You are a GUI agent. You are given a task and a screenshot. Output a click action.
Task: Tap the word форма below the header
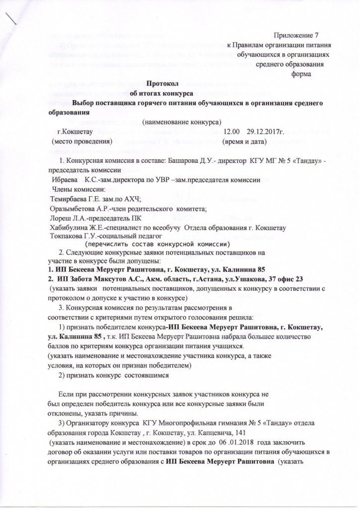tap(301, 74)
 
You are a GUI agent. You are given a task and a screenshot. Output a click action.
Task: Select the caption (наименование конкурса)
tap(182, 122)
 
